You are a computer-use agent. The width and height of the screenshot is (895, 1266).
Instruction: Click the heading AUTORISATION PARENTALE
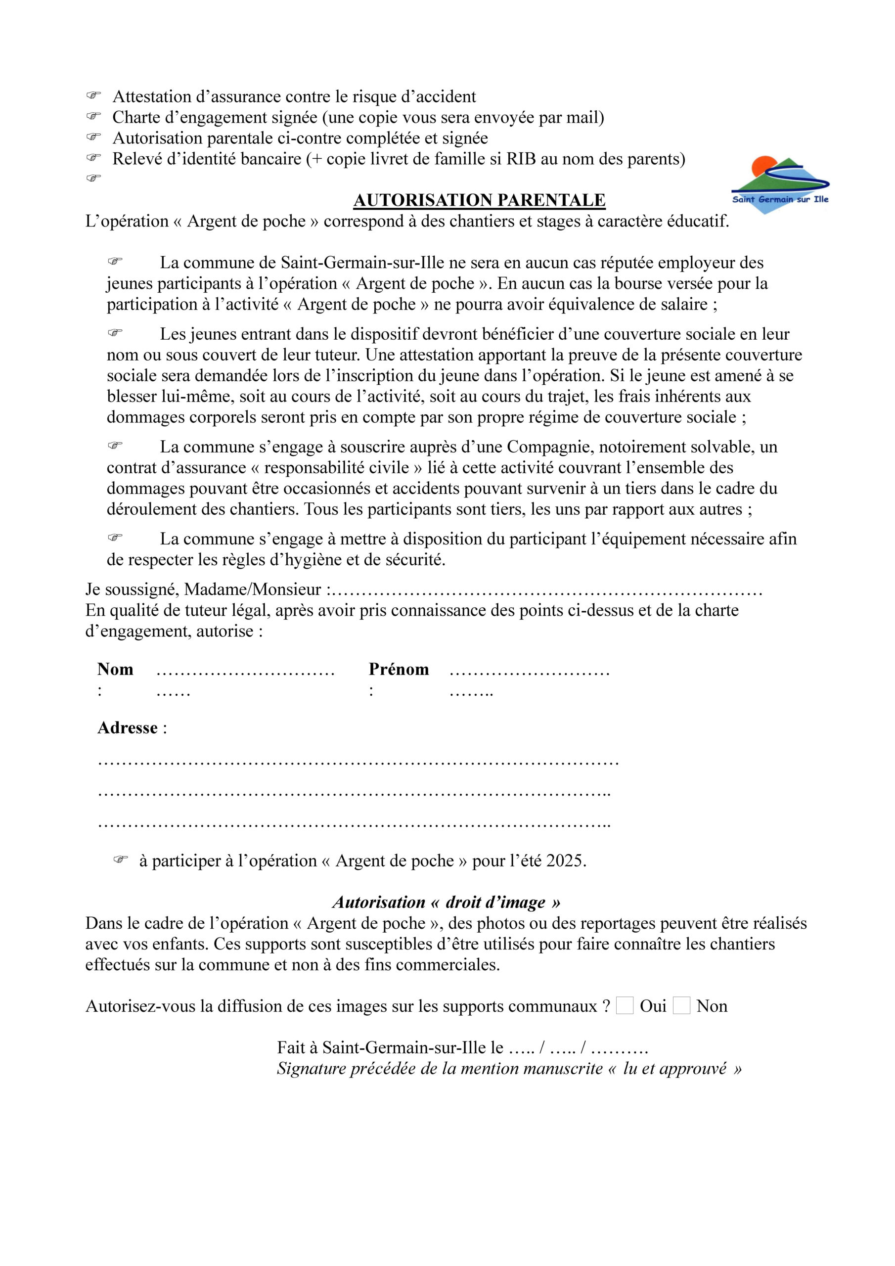tap(479, 200)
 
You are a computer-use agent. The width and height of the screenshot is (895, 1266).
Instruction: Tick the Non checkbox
tap(681, 1006)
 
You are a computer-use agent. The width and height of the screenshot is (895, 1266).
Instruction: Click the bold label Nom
tap(115, 670)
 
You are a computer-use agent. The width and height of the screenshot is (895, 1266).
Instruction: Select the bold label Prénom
tap(398, 670)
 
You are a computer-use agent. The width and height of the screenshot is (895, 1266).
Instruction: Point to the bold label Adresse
tap(128, 728)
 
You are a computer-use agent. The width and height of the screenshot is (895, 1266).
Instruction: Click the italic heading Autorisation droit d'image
tap(446, 902)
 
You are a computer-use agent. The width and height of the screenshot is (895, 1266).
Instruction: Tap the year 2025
tap(565, 860)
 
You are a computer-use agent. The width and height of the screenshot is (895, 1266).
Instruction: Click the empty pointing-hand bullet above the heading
tap(94, 178)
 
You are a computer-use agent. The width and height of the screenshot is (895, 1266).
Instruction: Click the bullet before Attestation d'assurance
tap(94, 96)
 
